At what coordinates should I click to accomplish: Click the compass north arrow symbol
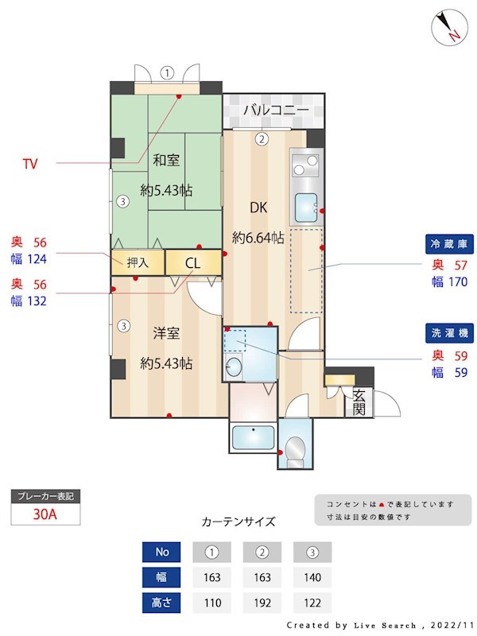click(x=449, y=29)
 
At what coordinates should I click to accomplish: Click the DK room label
click(x=258, y=208)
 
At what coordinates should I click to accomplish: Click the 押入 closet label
click(x=138, y=262)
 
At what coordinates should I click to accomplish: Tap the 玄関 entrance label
click(x=359, y=402)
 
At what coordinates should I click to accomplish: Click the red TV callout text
click(x=30, y=165)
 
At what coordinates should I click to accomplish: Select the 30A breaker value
click(x=45, y=514)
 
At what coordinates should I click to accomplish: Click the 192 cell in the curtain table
click(x=262, y=602)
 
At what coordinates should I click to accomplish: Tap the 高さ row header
click(x=161, y=602)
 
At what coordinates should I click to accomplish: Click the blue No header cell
click(x=161, y=552)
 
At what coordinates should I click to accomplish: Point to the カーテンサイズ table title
click(x=238, y=522)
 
